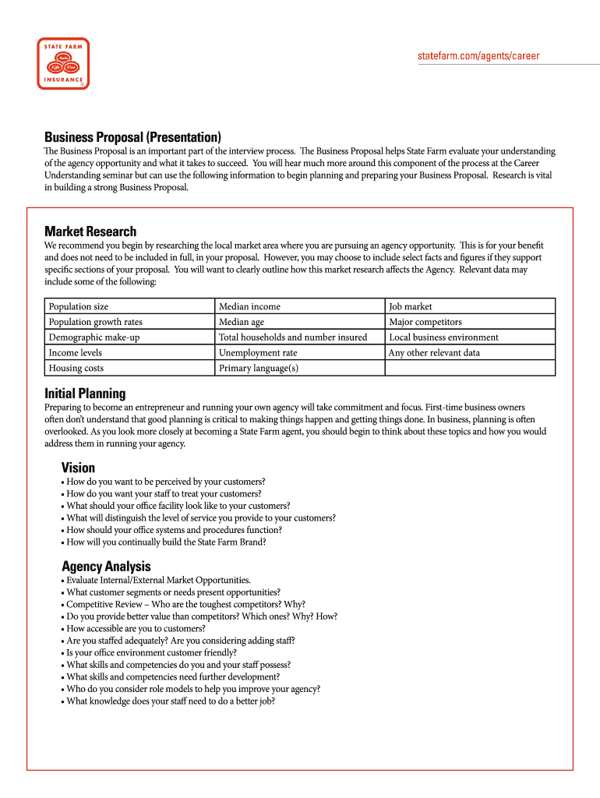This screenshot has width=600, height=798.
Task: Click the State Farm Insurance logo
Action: (63, 63)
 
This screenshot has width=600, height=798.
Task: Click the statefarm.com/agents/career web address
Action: (478, 56)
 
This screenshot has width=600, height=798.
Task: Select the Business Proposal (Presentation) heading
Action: (132, 136)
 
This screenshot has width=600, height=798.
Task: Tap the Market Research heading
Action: (90, 231)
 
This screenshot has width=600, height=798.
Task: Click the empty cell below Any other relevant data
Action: (470, 368)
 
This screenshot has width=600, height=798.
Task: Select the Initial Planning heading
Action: (85, 394)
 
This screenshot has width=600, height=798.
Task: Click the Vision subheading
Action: (78, 468)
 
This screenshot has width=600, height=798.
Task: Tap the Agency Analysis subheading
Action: (106, 567)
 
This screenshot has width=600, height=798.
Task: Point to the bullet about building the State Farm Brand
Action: (166, 542)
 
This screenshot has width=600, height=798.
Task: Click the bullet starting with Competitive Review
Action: (185, 604)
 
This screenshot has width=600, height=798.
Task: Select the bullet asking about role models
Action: (192, 689)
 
